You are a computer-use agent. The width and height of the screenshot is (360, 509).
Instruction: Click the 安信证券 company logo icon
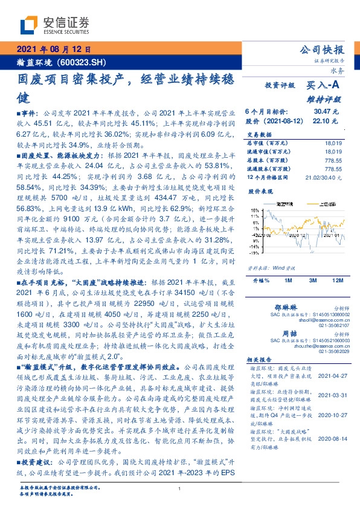click(x=30, y=25)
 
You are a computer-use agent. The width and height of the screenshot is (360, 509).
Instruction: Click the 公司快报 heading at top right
click(x=326, y=49)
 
